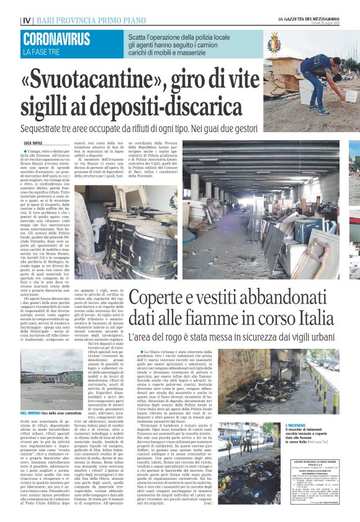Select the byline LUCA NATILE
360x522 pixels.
click(x=34, y=143)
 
